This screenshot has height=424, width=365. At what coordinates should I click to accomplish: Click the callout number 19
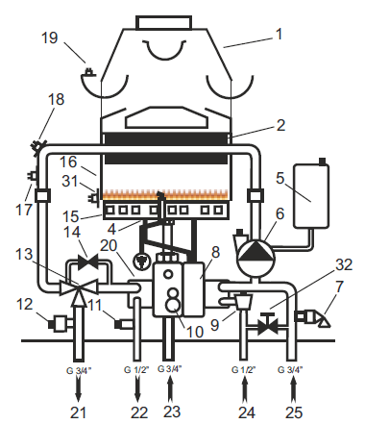(50, 37)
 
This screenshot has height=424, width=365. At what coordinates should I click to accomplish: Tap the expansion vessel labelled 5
(311, 195)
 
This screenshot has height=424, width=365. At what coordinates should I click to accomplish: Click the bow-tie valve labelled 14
(87, 262)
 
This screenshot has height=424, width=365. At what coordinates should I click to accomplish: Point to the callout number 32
(344, 264)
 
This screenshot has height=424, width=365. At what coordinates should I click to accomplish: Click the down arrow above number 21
(79, 388)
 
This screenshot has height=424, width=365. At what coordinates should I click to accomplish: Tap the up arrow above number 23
(171, 388)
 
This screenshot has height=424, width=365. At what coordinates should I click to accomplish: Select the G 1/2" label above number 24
(243, 370)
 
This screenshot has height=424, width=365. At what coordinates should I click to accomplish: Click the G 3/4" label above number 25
(290, 370)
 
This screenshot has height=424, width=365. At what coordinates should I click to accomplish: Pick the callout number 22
(139, 412)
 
